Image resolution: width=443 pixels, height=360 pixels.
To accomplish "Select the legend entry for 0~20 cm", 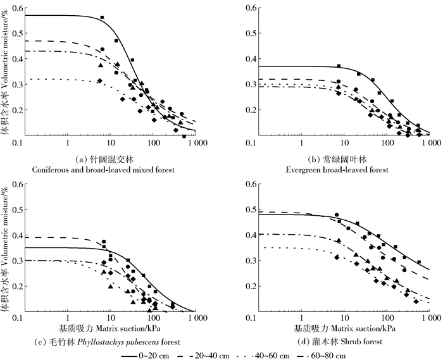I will point(156,356).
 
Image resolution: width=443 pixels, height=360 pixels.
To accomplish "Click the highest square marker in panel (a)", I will point(102,18).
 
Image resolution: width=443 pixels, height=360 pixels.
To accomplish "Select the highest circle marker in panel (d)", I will point(337,215).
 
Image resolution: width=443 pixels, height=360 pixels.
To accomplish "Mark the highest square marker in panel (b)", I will point(339,66).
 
